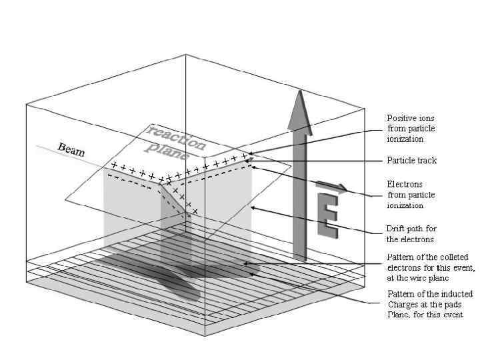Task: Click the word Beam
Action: [71, 149]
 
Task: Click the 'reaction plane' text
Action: [175, 139]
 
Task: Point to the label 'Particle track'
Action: [412, 161]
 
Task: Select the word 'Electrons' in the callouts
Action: [405, 184]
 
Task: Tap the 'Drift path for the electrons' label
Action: [411, 233]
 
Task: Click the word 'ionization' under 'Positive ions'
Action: [405, 139]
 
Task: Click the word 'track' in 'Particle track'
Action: [427, 161]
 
